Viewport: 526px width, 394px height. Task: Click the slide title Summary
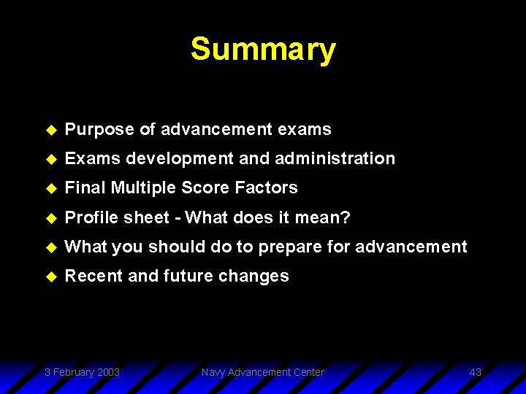263,50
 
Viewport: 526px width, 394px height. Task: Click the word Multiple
143,188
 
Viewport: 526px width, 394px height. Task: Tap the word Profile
91,217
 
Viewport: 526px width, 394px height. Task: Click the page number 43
475,372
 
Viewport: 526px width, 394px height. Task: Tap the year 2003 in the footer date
107,372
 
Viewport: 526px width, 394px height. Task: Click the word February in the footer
73,372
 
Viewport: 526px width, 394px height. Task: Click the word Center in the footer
308,372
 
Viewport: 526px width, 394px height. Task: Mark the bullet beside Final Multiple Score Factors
50,188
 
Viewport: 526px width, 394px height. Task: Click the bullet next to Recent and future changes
50,277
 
